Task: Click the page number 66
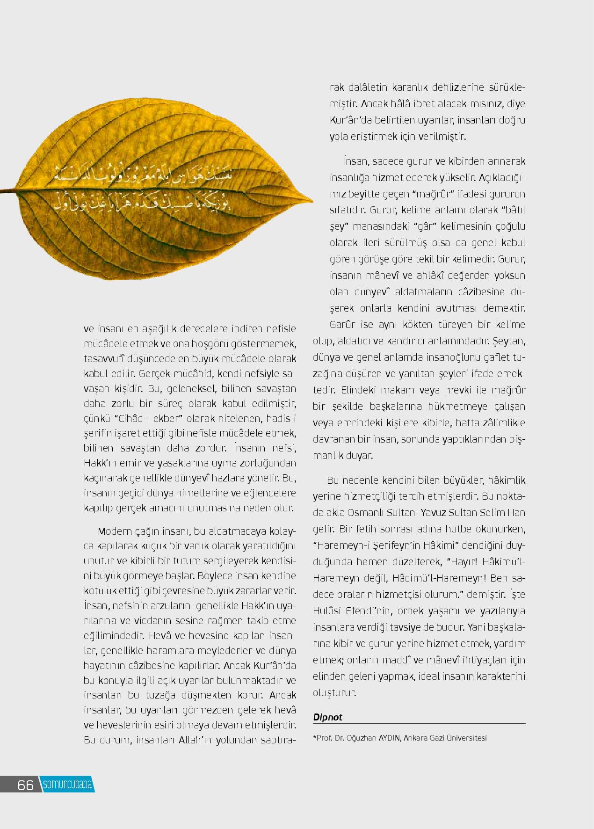25,785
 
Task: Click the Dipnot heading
328,717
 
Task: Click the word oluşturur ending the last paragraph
334,692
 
